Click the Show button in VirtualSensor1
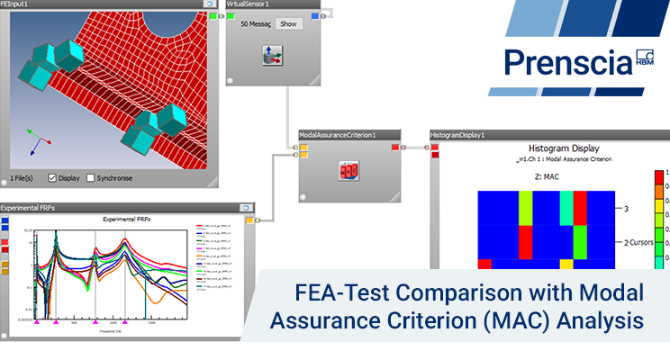tap(288, 24)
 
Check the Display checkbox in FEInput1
tap(53, 177)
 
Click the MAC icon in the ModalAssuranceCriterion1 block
tap(349, 170)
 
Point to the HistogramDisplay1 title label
tap(457, 135)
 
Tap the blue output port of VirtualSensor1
tap(313, 16)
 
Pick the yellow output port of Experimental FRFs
tap(249, 220)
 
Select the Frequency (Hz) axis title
tap(112, 331)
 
